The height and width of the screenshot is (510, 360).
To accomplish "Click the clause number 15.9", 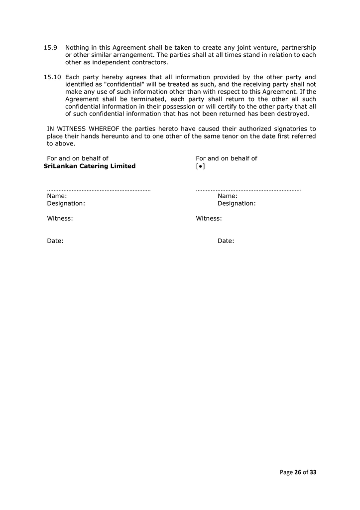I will [x=50, y=47].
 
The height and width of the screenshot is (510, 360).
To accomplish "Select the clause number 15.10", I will [x=52, y=77].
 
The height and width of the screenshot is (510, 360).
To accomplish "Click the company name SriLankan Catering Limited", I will [x=90, y=166].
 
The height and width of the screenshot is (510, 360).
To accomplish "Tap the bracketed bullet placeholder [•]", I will [x=201, y=166].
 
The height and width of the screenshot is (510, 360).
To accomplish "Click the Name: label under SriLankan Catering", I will [x=57, y=196].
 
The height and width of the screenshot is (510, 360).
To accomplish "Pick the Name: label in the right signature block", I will [x=228, y=196].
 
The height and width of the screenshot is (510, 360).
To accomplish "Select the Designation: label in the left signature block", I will [x=66, y=204].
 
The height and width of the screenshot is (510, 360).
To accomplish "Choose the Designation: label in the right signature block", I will [x=237, y=204].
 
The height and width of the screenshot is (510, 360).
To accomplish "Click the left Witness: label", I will [x=60, y=218].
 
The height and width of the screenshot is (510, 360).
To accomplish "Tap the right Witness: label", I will [x=209, y=218].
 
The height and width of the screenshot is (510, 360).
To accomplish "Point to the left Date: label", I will [x=55, y=241].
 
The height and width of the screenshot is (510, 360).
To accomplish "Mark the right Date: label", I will [x=226, y=241].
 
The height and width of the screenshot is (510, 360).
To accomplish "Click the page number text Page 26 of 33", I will [x=298, y=472].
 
